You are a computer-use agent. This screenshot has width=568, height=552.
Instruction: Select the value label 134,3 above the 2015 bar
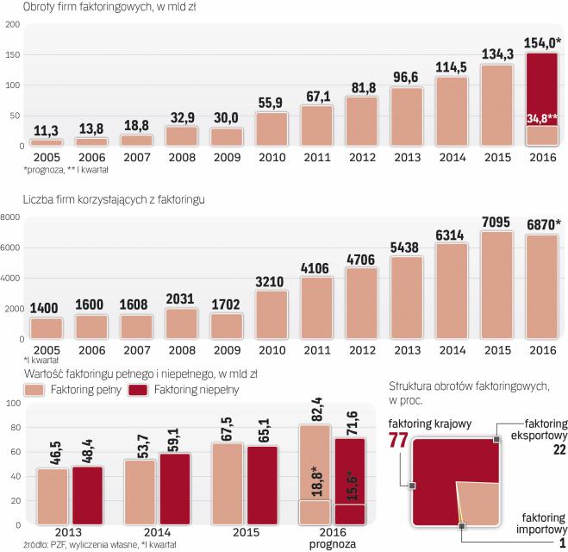(498, 55)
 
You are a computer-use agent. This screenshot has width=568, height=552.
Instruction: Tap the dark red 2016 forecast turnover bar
(543, 86)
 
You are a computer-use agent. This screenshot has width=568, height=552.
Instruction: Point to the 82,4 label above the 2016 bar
(315, 405)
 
